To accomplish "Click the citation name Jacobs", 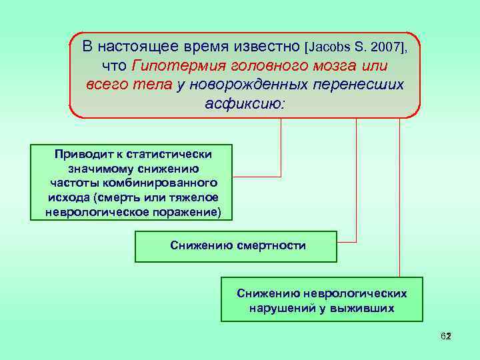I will click(x=327, y=48).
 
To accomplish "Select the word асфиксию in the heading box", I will click(x=245, y=105).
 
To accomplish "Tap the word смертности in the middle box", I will click(x=270, y=245).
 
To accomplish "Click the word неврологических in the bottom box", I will click(x=355, y=293).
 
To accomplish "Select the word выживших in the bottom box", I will click(x=363, y=308).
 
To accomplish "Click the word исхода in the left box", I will click(x=69, y=197).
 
